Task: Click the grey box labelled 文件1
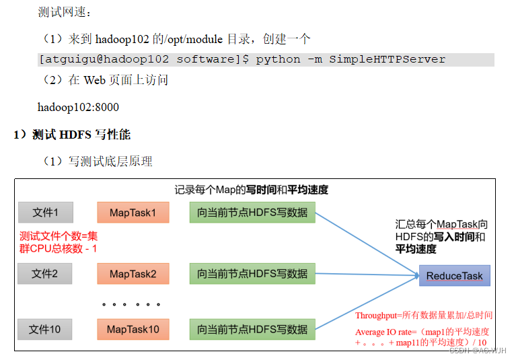pos(45,213)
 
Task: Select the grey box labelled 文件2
pos(45,274)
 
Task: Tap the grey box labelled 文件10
pos(45,329)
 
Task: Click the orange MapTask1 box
pos(133,213)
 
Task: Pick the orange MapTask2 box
pos(133,274)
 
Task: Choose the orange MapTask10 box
pos(133,329)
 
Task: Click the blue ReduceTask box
pos(455,276)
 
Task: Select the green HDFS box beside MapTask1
pos(252,213)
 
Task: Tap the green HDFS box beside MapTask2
pos(252,274)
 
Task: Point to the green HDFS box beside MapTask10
pos(252,329)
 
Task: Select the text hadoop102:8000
pos(78,107)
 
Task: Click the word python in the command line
pos(278,59)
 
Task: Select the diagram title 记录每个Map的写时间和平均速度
pos(252,190)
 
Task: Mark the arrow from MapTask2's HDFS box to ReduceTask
pos(367,273)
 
